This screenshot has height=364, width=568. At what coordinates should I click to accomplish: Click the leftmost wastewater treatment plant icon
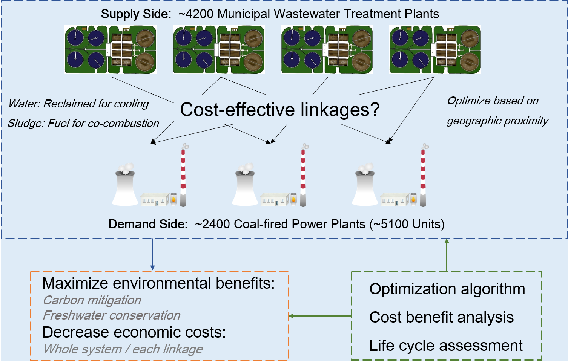click(x=111, y=50)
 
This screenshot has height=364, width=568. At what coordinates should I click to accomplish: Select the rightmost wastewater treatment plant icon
click(x=435, y=50)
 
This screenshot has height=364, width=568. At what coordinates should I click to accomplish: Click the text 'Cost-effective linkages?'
click(x=279, y=110)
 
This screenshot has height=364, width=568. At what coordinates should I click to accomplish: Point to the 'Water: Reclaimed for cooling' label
click(x=78, y=104)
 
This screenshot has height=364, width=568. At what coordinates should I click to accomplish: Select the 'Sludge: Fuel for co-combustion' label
click(x=83, y=123)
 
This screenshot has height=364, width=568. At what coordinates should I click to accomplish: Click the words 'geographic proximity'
click(x=497, y=121)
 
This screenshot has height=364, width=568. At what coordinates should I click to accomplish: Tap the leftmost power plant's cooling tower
click(x=125, y=188)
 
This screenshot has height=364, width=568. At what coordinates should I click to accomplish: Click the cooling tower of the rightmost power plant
click(x=365, y=188)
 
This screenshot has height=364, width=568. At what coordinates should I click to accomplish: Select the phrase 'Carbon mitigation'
click(x=92, y=300)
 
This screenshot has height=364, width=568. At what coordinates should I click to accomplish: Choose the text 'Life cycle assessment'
click(x=446, y=346)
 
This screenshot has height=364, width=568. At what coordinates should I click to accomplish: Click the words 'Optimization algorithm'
click(x=447, y=289)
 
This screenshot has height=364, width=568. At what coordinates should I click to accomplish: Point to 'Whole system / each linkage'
click(x=123, y=349)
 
